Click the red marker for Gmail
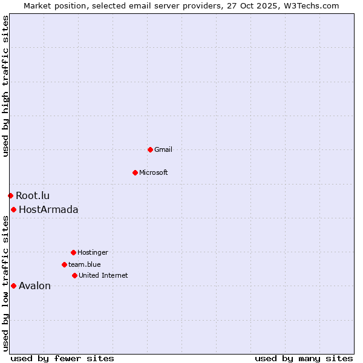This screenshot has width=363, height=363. coord(150,149)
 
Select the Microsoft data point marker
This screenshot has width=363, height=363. coord(135,172)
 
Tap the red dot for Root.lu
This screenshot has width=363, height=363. coord(10,195)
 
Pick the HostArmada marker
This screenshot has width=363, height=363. coord(13,209)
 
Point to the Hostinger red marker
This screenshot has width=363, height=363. coord(73,252)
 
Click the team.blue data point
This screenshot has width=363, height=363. coord(64,264)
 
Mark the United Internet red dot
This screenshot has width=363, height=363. coord(74,275)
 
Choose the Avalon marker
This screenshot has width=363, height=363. coord(13,286)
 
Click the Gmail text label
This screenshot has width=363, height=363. coord(163,149)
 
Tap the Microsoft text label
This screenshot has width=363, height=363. coord(154,172)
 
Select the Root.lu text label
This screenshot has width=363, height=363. coord(33,195)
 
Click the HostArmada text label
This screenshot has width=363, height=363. coord(48,209)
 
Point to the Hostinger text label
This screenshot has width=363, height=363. coord(93,252)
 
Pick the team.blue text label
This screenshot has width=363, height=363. coord(85,264)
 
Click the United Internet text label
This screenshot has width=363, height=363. coord(103,275)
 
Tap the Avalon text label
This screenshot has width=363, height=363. coord(34,286)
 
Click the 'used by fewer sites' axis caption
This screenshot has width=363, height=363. coord(62,358)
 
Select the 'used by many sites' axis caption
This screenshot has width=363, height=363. coord(304,358)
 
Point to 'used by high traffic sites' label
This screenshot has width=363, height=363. coord(5,86)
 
